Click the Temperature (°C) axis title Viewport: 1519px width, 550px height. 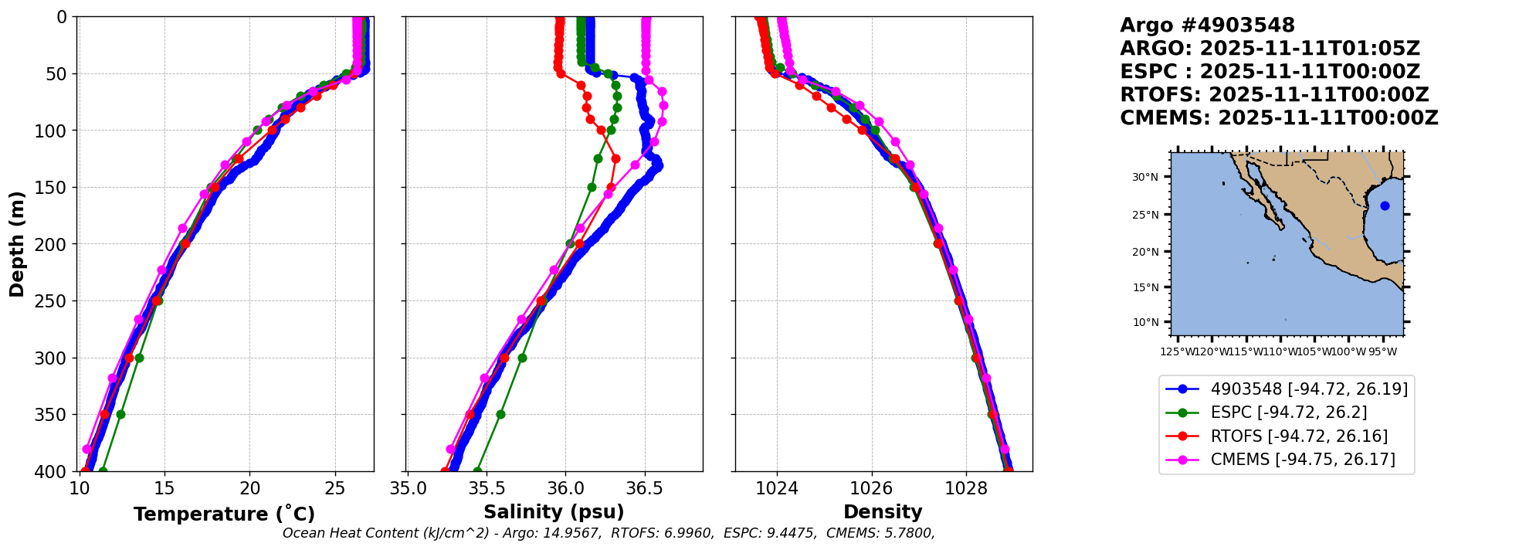pos(224,514)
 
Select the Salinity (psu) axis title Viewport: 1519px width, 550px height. pos(554,512)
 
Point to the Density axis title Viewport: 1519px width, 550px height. pos(883,512)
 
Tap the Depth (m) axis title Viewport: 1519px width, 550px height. pos(17,244)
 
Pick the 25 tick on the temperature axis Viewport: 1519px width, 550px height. pos(334,488)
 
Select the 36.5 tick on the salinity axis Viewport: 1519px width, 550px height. pos(644,488)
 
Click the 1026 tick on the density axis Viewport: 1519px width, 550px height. pos(872,488)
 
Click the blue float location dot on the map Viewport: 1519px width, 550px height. pos(1385,205)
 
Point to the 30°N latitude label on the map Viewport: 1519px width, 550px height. pos(1145,177)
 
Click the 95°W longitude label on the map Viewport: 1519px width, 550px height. pos(1382,352)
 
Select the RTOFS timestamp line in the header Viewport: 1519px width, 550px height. pos(1274,95)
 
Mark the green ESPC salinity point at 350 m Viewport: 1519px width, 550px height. pos(500,414)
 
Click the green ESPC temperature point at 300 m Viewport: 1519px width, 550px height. pos(139,358)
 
